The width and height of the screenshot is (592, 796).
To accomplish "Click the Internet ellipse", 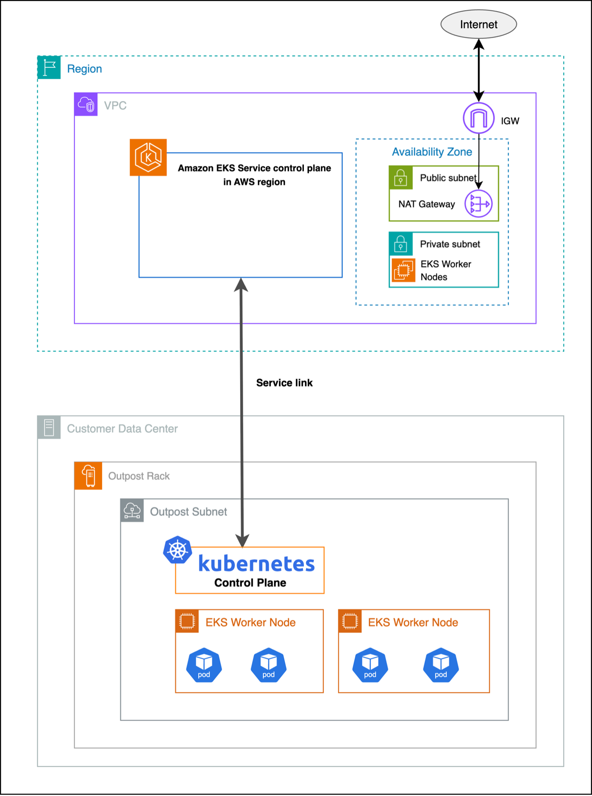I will (x=478, y=24).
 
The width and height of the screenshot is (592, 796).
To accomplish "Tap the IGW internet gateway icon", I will (x=479, y=118).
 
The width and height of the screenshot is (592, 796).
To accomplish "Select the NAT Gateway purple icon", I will (x=479, y=203).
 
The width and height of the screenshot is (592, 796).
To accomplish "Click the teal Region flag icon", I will (x=49, y=67).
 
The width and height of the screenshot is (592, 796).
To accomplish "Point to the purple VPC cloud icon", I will (x=86, y=105).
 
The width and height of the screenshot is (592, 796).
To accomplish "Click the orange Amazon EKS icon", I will (x=148, y=158).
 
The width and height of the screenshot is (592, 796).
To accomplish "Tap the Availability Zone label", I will (x=432, y=152).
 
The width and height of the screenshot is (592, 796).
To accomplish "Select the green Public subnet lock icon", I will (x=401, y=177).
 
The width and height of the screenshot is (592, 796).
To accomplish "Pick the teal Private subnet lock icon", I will (x=401, y=244).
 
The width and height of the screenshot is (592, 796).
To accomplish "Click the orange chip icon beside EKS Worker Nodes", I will (x=403, y=270).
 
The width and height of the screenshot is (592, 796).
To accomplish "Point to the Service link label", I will (x=284, y=383).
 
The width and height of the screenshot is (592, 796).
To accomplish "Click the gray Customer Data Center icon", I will (x=49, y=428).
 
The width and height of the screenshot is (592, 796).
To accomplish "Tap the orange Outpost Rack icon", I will (x=88, y=476).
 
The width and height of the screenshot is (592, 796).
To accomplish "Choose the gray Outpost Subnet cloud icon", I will (x=132, y=511).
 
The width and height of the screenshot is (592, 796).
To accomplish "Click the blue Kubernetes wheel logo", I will (x=178, y=550).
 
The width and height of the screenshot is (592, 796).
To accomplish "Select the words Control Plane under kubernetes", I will (x=250, y=583).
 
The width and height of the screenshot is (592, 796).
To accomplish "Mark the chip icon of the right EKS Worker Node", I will (x=350, y=621).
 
